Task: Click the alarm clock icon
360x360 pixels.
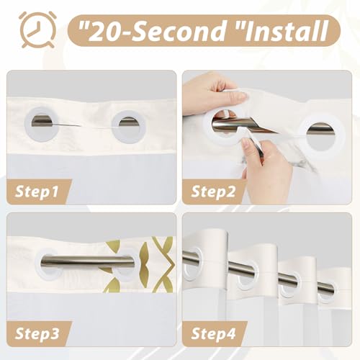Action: click(x=38, y=30)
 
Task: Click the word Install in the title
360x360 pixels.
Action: click(x=287, y=31)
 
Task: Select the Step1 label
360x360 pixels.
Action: click(x=37, y=192)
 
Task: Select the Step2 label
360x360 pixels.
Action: click(x=213, y=192)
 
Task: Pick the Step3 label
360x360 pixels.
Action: click(x=37, y=333)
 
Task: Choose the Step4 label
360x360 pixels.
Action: click(x=213, y=333)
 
